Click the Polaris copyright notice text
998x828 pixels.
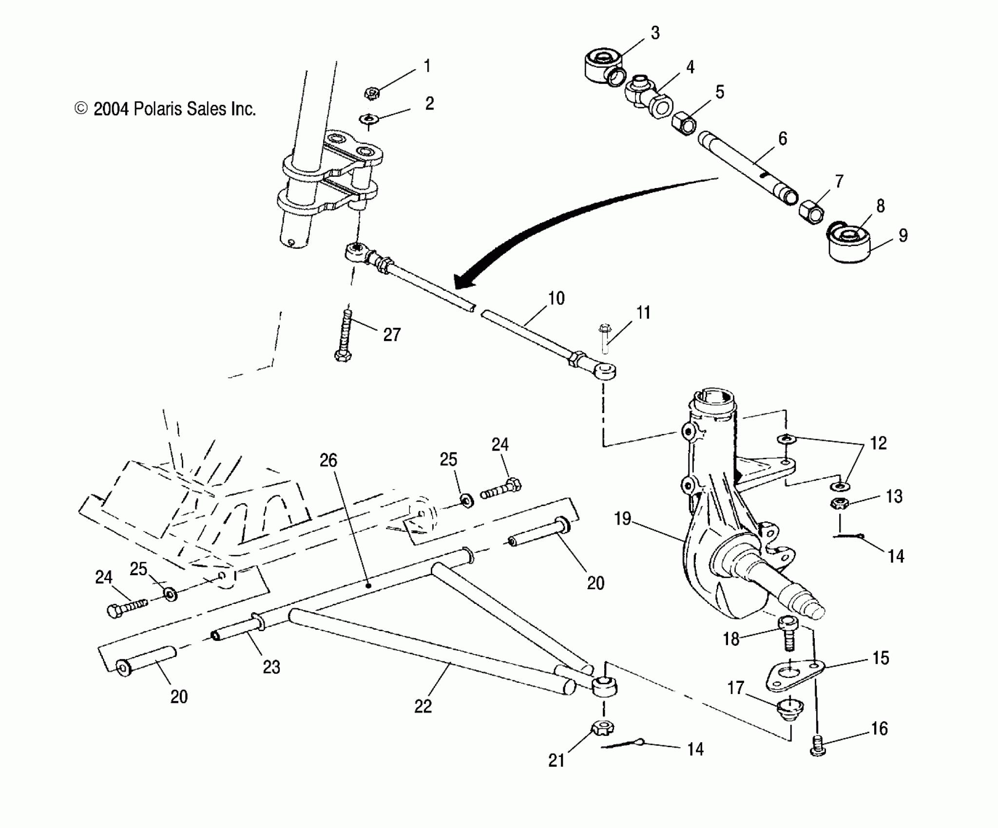click(165, 109)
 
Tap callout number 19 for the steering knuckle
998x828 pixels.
click(623, 519)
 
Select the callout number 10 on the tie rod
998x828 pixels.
click(557, 299)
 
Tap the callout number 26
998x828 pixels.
click(328, 460)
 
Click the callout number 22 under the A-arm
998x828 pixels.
click(423, 706)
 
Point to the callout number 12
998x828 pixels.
click(878, 443)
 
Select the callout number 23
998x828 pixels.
click(271, 667)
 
